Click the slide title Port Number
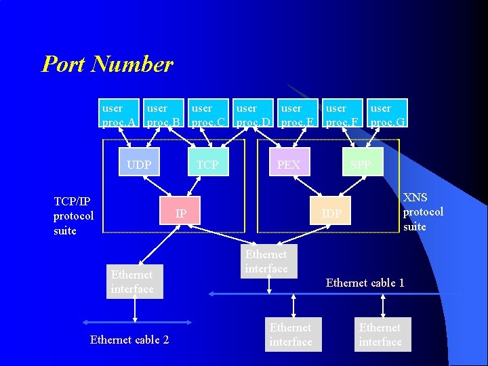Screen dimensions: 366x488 107,64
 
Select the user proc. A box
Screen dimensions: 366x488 119,115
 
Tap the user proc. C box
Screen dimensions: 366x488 209,115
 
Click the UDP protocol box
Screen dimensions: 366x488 139,165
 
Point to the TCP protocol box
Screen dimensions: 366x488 207,165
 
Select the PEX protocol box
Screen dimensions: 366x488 289,165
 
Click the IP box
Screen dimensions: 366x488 181,213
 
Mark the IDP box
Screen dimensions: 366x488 331,214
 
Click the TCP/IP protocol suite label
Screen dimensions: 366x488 73,216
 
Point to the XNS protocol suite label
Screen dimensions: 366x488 423,211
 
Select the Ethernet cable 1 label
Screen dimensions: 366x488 365,283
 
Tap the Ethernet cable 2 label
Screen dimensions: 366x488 129,340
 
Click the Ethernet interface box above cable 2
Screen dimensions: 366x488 132,282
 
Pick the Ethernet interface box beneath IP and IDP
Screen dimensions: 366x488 266,262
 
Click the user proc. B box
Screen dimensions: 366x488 164,115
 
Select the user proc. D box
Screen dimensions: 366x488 253,115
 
